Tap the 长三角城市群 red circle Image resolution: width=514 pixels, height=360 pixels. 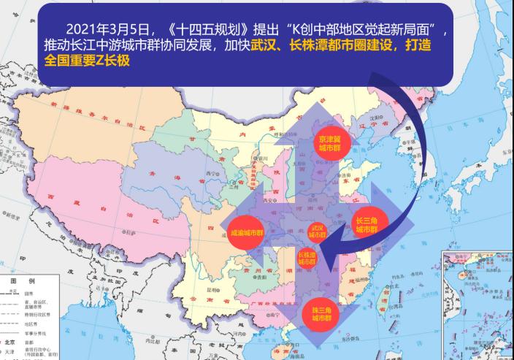(x=364, y=223)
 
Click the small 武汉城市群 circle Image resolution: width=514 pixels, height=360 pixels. (x=315, y=231)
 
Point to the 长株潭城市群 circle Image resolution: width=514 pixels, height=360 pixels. (x=307, y=258)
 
